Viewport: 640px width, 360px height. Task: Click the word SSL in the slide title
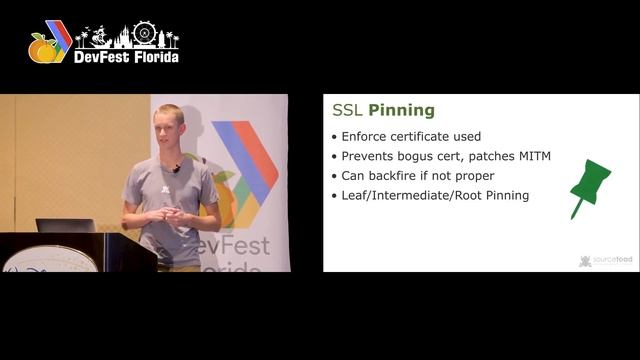pyautogui.click(x=348, y=111)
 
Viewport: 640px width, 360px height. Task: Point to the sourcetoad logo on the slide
pyautogui.click(x=606, y=261)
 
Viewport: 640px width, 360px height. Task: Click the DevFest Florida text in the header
pyautogui.click(x=126, y=57)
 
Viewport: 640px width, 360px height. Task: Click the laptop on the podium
pyautogui.click(x=65, y=225)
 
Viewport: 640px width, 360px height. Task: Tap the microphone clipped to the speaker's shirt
pyautogui.click(x=177, y=169)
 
